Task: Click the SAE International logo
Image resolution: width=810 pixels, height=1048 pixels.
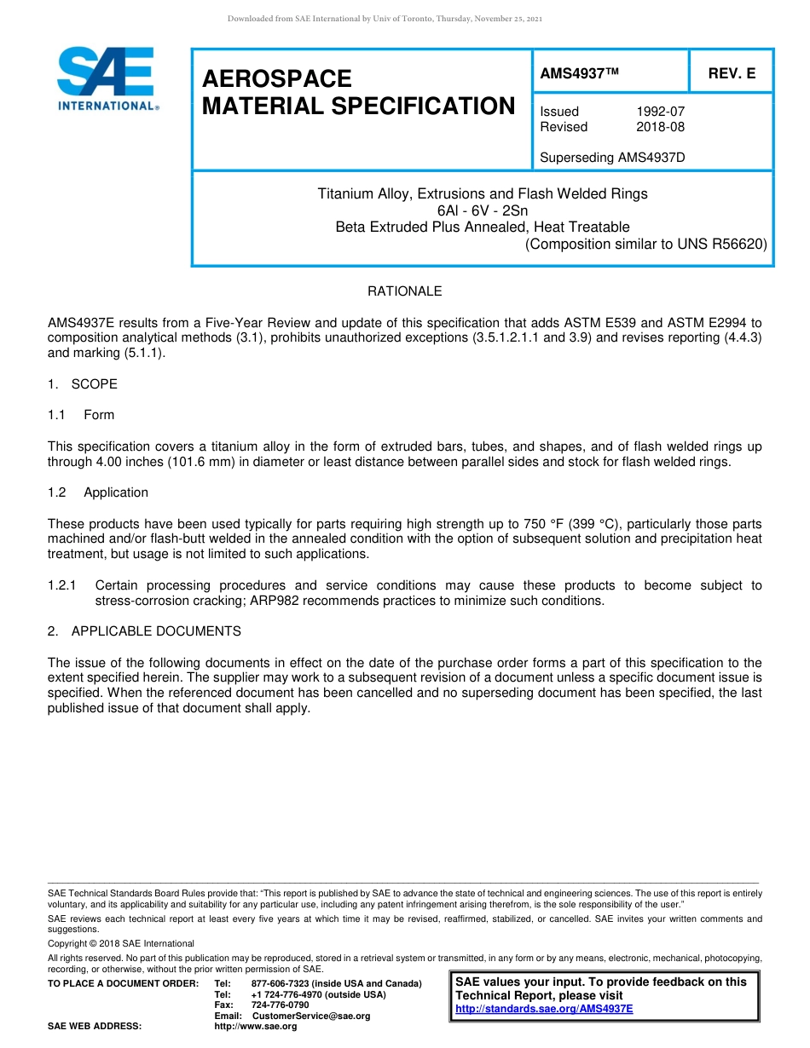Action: (x=107, y=78)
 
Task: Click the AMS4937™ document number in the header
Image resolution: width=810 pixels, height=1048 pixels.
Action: (x=579, y=74)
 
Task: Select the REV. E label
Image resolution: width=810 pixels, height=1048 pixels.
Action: (x=732, y=74)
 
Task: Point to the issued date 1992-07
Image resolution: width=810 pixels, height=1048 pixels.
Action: (x=660, y=112)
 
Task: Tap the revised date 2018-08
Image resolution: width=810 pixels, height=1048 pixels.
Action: (x=660, y=127)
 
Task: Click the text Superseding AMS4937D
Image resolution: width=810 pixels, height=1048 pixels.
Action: (x=612, y=158)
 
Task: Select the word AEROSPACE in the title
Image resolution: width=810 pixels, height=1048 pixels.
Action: (x=277, y=79)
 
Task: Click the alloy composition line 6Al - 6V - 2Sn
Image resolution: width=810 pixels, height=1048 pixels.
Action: (x=483, y=210)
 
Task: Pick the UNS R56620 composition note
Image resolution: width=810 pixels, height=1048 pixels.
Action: (x=645, y=244)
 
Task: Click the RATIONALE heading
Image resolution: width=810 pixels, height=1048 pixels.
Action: (x=404, y=291)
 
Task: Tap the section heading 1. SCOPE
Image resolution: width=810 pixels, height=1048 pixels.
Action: (x=83, y=384)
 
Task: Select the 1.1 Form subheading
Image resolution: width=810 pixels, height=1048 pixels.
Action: (x=82, y=415)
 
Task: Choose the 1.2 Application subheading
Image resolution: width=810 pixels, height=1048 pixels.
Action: (x=98, y=492)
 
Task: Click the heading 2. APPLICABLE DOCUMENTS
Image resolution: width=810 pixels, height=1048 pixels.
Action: (x=144, y=631)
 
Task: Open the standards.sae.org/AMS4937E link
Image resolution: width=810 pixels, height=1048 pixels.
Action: (x=544, y=1009)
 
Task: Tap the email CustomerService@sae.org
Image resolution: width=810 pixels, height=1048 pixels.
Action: (x=311, y=1016)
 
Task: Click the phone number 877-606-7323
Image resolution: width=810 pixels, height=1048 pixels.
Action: (x=281, y=984)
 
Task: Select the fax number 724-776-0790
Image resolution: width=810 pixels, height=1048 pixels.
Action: (x=281, y=1005)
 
